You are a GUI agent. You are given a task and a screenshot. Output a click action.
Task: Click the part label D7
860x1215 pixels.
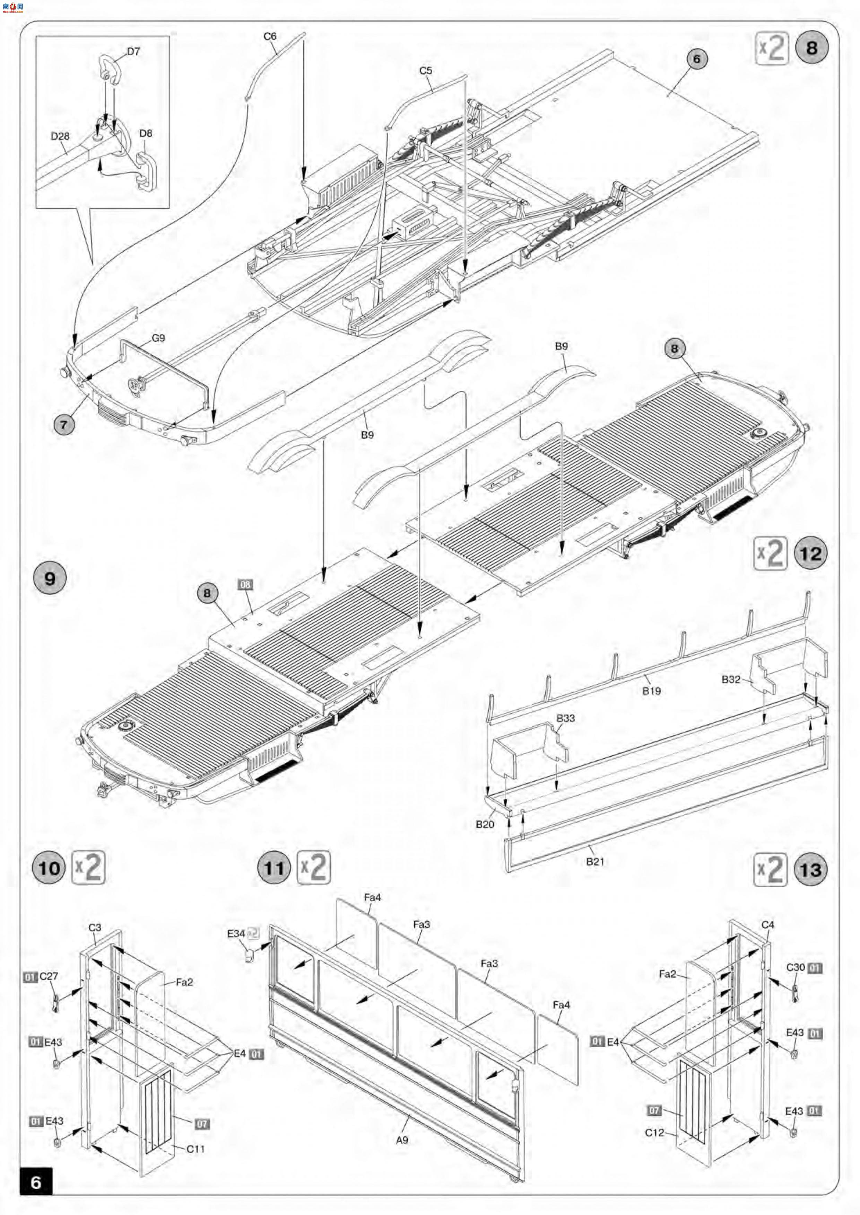[x=133, y=51]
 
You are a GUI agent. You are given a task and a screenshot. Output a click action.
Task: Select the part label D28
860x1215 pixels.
[x=60, y=136]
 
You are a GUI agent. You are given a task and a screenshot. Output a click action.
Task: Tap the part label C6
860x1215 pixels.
[x=270, y=36]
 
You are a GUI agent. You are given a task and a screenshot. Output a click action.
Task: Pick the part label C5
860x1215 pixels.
[x=426, y=70]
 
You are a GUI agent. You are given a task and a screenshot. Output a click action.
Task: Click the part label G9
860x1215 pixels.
[x=158, y=338]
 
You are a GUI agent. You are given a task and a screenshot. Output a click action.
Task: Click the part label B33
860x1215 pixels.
[x=566, y=718]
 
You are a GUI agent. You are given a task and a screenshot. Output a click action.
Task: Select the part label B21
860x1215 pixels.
[x=595, y=861]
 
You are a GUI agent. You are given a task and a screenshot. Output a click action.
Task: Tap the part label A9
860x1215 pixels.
[x=402, y=1140]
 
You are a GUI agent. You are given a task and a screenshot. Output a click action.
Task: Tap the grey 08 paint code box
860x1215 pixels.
[x=245, y=584]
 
